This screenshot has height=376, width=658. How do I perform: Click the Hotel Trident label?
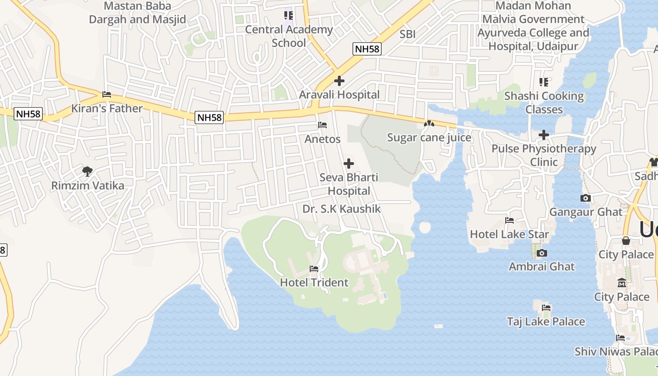pyautogui.click(x=314, y=282)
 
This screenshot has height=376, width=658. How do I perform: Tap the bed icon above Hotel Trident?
pyautogui.click(x=314, y=269)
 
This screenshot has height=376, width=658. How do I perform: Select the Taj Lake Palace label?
pyautogui.click(x=546, y=321)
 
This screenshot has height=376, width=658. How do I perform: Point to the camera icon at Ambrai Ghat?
pyautogui.click(x=541, y=253)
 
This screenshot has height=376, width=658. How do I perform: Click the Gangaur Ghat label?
pyautogui.click(x=586, y=211)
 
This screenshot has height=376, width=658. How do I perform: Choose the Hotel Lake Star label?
pyautogui.click(x=509, y=234)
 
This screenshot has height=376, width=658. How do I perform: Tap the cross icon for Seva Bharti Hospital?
pyautogui.click(x=349, y=164)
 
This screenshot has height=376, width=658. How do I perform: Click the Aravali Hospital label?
pyautogui.click(x=339, y=94)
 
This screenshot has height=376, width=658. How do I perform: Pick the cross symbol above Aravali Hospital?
pyautogui.click(x=339, y=81)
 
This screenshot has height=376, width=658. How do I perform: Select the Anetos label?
pyautogui.click(x=322, y=139)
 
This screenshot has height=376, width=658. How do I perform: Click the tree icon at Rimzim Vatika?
pyautogui.click(x=87, y=172)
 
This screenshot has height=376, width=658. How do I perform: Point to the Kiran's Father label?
pyautogui.click(x=107, y=108)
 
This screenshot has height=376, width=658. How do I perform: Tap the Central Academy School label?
pyautogui.click(x=289, y=36)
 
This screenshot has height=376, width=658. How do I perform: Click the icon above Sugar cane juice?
pyautogui.click(x=429, y=124)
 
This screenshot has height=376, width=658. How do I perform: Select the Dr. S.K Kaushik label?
pyautogui.click(x=341, y=209)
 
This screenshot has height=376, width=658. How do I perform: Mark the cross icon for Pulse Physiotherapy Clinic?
pyautogui.click(x=544, y=135)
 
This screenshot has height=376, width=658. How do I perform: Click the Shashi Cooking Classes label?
pyautogui.click(x=544, y=102)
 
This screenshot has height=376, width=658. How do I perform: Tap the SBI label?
pyautogui.click(x=407, y=34)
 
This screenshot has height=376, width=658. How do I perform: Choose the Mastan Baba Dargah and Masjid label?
pyautogui.click(x=138, y=13)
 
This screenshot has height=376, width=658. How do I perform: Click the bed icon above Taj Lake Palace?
pyautogui.click(x=546, y=308)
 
